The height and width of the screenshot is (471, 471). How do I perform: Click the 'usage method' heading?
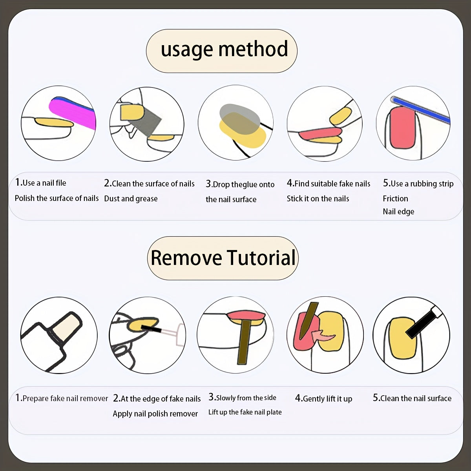point(224,50)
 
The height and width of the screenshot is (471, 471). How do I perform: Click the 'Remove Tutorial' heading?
point(223,258)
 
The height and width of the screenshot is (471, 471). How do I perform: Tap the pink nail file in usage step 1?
point(71,112)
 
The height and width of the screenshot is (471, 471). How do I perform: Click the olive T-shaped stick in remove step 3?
point(245,339)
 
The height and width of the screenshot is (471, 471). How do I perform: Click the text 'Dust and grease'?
point(131,199)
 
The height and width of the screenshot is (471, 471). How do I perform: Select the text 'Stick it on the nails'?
point(318,199)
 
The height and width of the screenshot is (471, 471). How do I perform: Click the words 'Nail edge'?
point(398,212)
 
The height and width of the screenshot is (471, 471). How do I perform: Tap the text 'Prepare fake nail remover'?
point(65,398)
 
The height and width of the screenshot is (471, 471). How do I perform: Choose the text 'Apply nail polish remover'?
point(155,414)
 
